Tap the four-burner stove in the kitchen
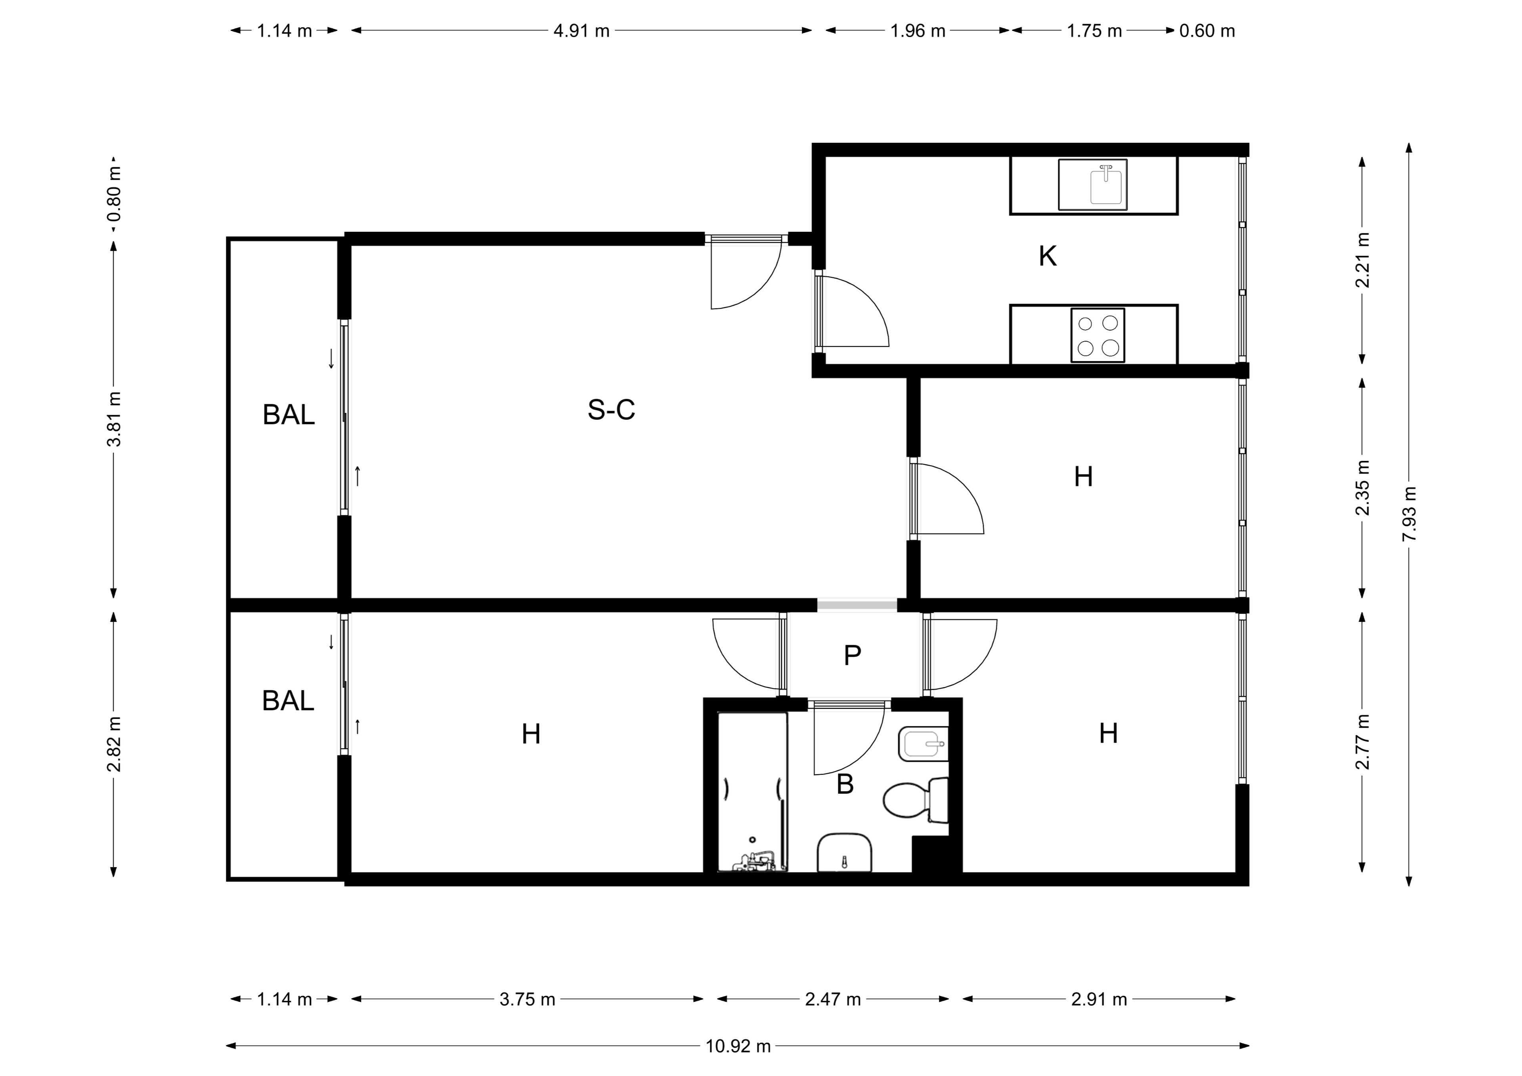coord(1098,335)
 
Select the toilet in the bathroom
coord(916,800)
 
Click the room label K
coord(1048,256)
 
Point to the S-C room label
coord(611,410)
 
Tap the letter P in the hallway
coord(853,656)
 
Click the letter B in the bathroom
coord(845,784)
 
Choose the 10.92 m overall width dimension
coord(738,1046)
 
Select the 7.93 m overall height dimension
coord(1409,514)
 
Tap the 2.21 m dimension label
coord(1363,260)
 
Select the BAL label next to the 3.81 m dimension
coord(289,415)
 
